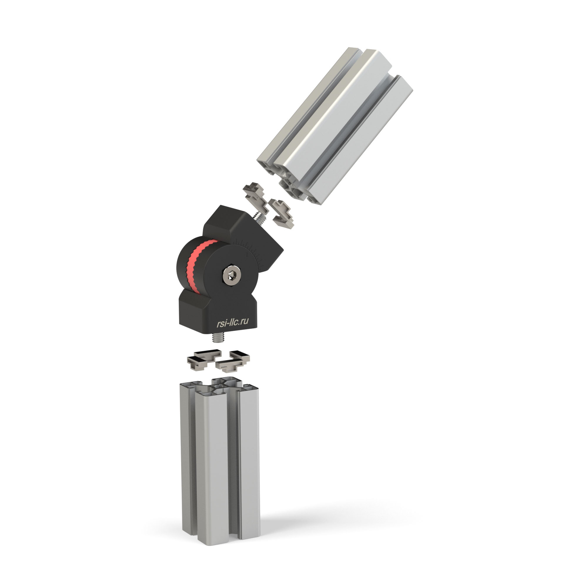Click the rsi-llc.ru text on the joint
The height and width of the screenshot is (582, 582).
click(x=233, y=322)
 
